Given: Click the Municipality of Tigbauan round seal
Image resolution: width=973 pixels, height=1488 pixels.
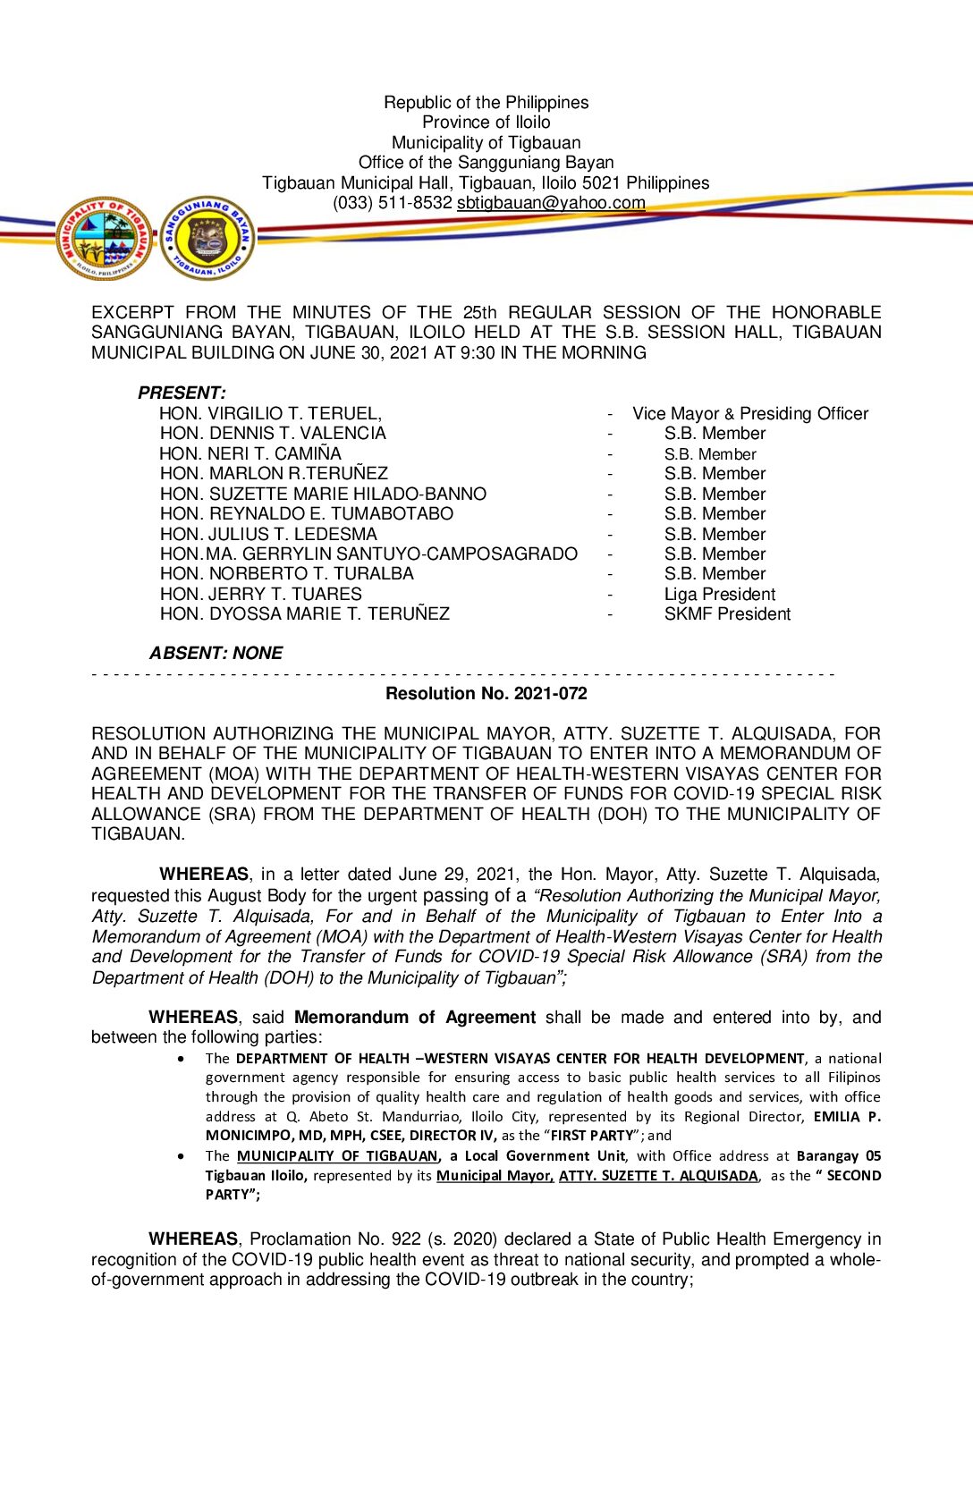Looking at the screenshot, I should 104,239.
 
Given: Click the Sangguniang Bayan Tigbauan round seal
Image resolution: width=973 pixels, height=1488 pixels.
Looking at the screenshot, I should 207,239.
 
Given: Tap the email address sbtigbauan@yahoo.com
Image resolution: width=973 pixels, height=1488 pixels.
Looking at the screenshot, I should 551,203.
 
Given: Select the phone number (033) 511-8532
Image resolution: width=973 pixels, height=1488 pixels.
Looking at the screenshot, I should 392,203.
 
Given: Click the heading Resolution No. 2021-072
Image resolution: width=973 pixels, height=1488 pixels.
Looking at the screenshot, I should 486,693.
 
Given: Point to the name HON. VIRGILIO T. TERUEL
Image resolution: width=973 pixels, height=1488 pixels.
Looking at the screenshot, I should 270,413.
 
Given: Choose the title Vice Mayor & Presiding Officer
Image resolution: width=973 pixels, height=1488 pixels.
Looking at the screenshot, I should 749,413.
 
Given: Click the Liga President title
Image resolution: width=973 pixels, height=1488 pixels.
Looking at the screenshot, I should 719,595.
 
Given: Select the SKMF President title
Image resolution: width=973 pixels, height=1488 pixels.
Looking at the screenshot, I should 727,614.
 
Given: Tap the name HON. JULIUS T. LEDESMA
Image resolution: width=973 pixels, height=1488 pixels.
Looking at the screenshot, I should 268,534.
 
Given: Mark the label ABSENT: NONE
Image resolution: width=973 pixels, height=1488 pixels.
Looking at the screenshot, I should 216,654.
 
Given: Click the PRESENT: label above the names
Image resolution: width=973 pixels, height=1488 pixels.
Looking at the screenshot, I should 182,393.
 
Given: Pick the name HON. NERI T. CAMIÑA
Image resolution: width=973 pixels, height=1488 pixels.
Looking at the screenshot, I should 250,453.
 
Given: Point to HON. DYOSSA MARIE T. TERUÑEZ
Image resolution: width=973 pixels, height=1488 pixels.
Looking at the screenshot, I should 304,614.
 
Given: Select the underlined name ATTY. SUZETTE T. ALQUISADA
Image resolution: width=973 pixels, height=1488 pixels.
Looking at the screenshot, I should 658,1175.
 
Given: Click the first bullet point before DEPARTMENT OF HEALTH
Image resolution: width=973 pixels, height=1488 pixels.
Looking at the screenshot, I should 182,1059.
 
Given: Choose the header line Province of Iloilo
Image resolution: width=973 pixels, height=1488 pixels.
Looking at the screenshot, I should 486,123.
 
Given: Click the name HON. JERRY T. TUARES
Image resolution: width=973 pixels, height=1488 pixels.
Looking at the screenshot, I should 260,595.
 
